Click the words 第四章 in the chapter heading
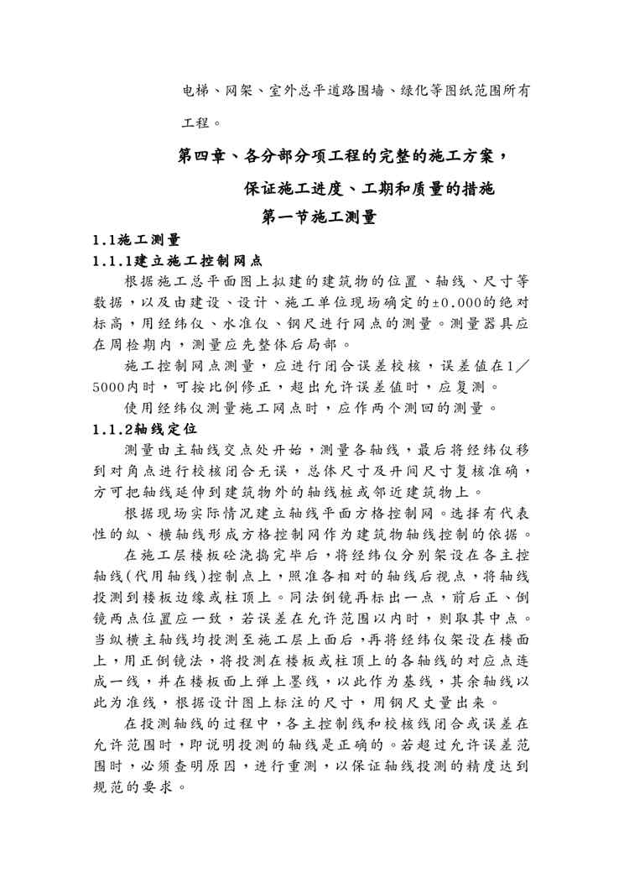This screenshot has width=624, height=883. pyautogui.click(x=201, y=156)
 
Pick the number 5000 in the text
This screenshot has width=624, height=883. pyautogui.click(x=110, y=387)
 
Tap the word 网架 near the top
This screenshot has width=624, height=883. pyautogui.click(x=236, y=90)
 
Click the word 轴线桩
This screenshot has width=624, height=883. pyautogui.click(x=388, y=491)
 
